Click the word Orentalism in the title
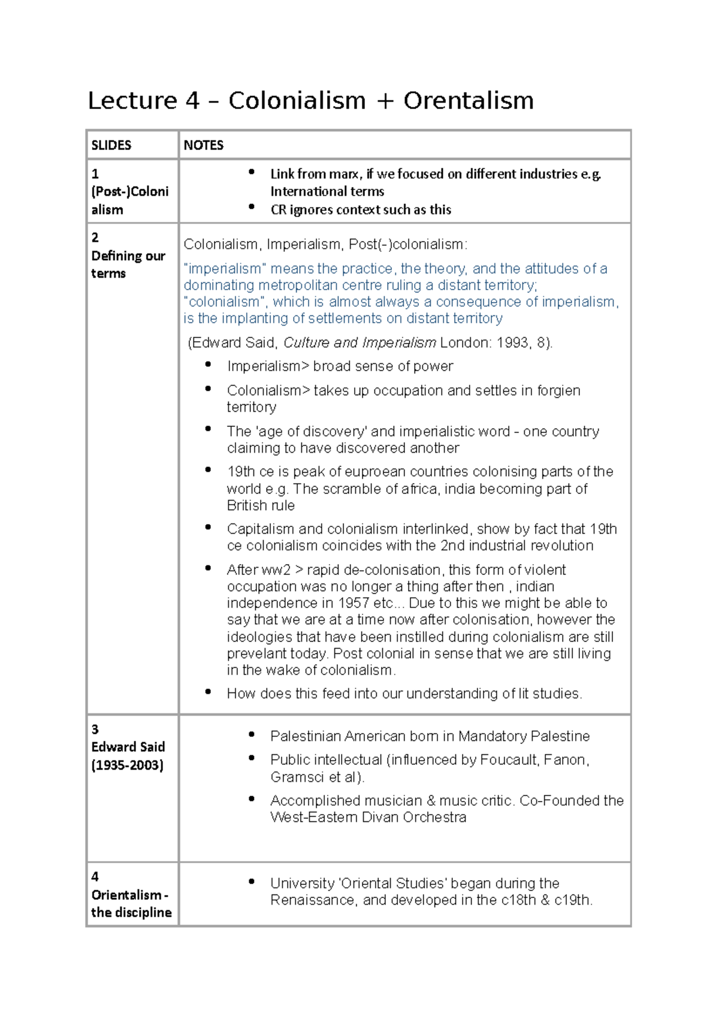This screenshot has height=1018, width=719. pyautogui.click(x=468, y=101)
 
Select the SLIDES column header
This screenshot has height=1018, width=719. pyautogui.click(x=111, y=145)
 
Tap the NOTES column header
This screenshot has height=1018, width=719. pyautogui.click(x=203, y=145)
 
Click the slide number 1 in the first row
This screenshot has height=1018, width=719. pyautogui.click(x=95, y=174)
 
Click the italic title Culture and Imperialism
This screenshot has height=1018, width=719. pyautogui.click(x=359, y=343)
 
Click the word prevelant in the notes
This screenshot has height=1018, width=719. pyautogui.click(x=256, y=653)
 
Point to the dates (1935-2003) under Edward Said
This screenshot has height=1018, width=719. pyautogui.click(x=127, y=765)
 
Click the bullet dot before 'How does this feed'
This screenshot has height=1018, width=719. pyautogui.click(x=208, y=692)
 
